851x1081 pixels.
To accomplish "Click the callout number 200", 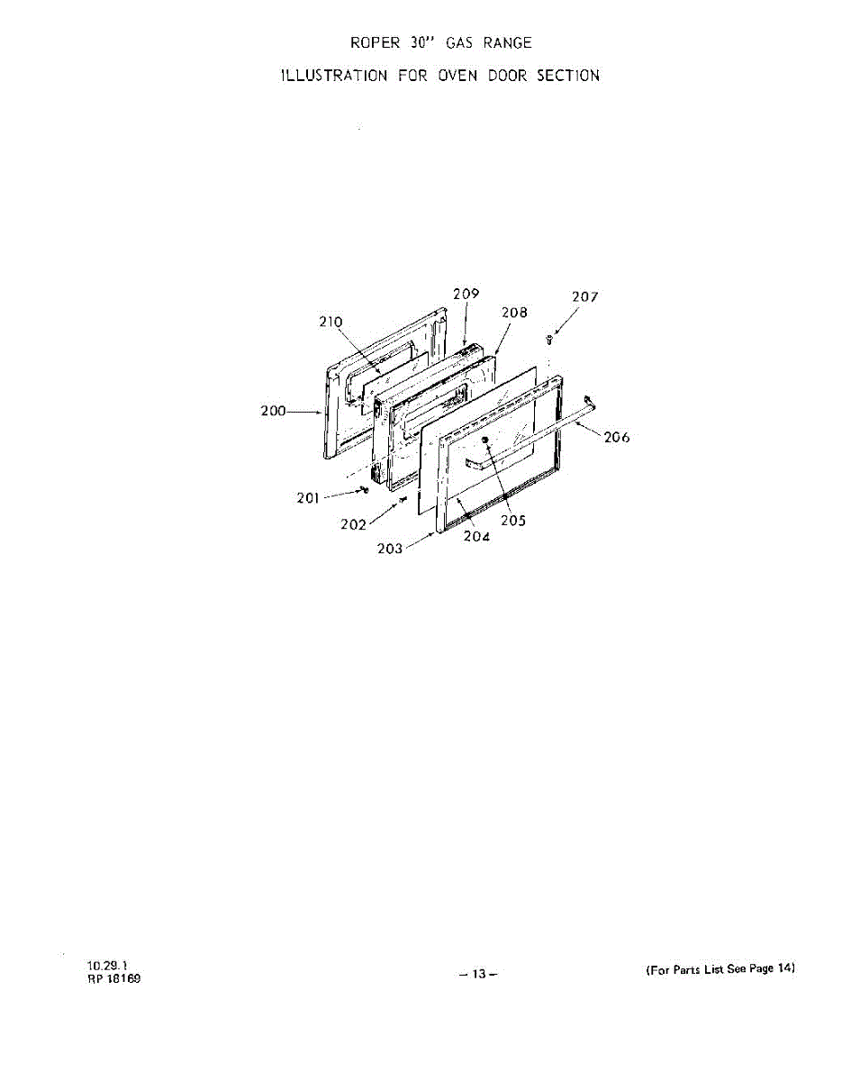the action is [273, 411].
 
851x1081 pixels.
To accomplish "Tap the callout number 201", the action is [309, 498].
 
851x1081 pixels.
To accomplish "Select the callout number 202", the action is [353, 525].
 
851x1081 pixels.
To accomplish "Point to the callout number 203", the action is [390, 549].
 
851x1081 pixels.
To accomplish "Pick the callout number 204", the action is [476, 537].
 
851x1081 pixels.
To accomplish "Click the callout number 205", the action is [513, 521].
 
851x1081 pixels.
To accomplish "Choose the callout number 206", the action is [617, 438].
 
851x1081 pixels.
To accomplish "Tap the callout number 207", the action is [585, 296].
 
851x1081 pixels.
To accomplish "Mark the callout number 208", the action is [514, 312].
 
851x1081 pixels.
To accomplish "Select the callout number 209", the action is [466, 294].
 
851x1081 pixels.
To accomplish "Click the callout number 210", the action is [330, 321].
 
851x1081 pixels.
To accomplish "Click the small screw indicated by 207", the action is [551, 339].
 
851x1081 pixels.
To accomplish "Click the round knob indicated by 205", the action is [484, 439].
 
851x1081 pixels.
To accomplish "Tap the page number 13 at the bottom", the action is [478, 974].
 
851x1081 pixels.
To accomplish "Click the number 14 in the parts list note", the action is [785, 969].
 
